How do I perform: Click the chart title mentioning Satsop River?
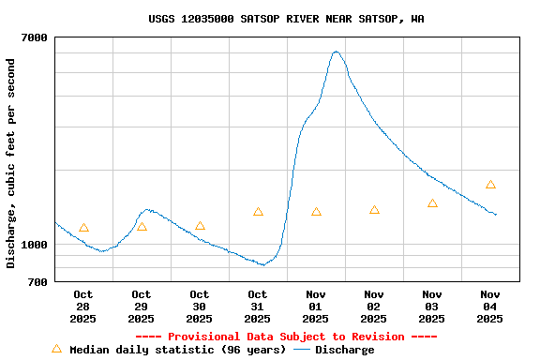coord(286,19)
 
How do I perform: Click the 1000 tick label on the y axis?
coord(34,245)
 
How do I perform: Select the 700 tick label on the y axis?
coord(37,281)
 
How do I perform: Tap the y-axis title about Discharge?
coord(11,163)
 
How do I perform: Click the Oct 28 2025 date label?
coord(82,307)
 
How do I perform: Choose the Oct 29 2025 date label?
coord(141,307)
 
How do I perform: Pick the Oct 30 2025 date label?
coord(199,307)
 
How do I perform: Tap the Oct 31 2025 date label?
coord(257,307)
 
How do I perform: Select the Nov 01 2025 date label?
coord(316,307)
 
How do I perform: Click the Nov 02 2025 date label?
coord(374,307)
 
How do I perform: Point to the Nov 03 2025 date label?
coord(432,307)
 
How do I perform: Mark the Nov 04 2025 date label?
coord(490,307)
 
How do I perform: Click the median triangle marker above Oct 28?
coord(83,228)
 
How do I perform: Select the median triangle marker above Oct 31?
coord(258,212)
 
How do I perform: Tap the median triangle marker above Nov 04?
coord(490,185)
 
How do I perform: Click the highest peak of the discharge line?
coord(336,52)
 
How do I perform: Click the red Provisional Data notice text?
coord(286,337)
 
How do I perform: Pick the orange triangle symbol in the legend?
coord(56,349)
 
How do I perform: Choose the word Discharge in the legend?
coord(344,350)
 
